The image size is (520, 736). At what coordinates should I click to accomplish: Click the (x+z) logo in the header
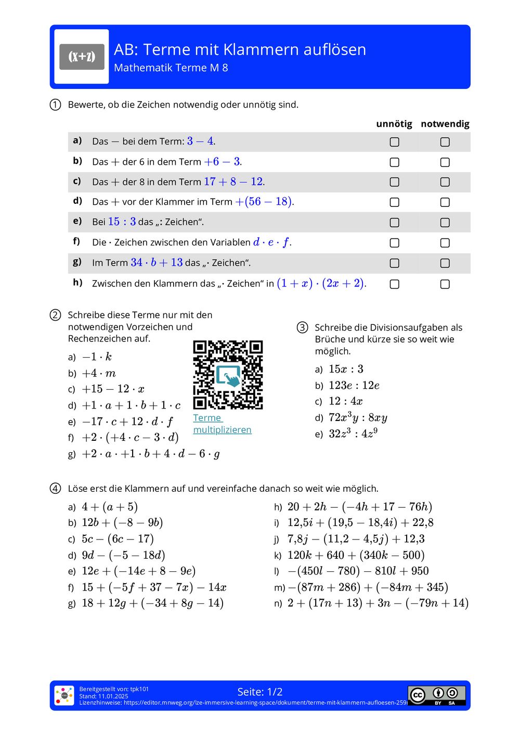(x=82, y=57)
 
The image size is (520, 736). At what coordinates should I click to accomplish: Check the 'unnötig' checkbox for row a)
(x=395, y=142)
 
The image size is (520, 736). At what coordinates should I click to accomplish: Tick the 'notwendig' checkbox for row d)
(x=445, y=202)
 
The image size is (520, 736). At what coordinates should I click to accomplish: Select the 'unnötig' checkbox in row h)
(x=395, y=284)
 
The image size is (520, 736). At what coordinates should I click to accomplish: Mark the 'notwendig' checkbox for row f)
(x=445, y=243)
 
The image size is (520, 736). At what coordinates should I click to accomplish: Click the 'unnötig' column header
(x=394, y=124)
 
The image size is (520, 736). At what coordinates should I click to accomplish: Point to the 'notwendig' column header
(x=445, y=124)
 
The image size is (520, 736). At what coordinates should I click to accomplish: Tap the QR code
(x=228, y=374)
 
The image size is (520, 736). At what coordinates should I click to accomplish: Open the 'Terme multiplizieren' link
(x=222, y=424)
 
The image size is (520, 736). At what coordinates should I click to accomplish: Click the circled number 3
(x=302, y=327)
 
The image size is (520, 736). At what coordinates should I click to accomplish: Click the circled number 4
(x=56, y=489)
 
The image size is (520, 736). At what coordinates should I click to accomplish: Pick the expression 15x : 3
(x=346, y=369)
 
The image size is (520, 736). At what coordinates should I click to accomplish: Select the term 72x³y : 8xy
(x=358, y=417)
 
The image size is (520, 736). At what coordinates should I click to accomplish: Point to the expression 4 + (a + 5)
(x=109, y=507)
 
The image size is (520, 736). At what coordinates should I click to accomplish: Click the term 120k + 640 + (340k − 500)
(x=356, y=555)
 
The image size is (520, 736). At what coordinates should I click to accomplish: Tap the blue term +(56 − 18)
(x=264, y=202)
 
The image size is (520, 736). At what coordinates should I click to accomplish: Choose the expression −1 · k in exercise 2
(x=97, y=357)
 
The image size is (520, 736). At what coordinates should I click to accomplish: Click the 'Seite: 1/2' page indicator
(x=259, y=692)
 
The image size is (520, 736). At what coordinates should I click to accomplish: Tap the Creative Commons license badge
(x=436, y=695)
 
